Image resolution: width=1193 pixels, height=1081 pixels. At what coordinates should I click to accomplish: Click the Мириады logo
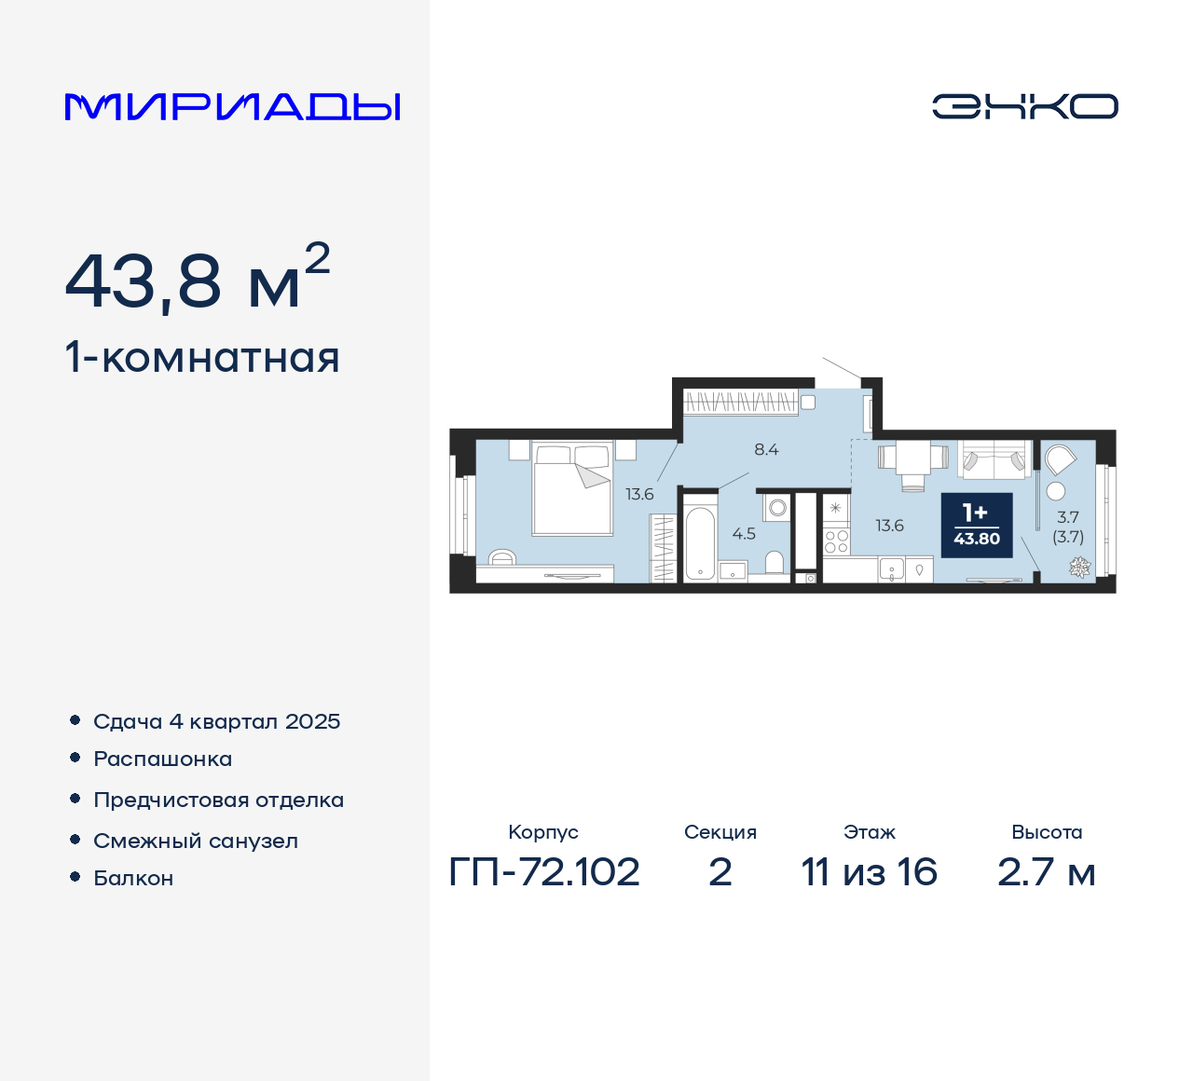point(232,107)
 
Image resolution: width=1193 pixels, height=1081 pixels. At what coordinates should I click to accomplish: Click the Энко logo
point(1024,106)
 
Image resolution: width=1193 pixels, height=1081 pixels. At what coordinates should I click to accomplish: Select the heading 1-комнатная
point(202,358)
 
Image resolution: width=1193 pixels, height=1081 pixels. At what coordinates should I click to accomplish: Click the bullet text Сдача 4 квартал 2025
point(216,721)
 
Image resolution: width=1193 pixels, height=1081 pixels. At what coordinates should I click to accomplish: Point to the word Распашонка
point(162,759)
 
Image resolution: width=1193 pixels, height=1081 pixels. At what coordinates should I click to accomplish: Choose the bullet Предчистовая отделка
point(218,800)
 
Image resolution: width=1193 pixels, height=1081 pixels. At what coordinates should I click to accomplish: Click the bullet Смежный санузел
point(196,841)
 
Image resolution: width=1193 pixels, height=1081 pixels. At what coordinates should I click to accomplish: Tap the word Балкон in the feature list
point(133,878)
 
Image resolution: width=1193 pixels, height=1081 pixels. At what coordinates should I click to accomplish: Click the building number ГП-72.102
point(544,872)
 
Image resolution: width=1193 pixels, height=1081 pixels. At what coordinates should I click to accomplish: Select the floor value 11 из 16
point(869,872)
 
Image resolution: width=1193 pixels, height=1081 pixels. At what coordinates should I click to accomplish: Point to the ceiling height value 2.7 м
point(1046,872)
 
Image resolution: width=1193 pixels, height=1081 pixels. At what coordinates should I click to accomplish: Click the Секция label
point(720,832)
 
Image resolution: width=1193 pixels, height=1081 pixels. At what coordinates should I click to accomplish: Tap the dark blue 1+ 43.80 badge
point(976,525)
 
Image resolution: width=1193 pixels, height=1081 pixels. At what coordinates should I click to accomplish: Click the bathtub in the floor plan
point(699,543)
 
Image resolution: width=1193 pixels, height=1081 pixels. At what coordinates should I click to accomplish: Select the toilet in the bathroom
point(774,561)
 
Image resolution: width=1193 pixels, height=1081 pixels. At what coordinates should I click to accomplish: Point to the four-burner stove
point(836,542)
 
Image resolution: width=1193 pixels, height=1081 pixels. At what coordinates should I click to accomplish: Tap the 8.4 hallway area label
point(766,449)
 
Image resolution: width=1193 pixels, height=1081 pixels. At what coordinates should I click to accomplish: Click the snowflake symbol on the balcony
point(1079,566)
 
